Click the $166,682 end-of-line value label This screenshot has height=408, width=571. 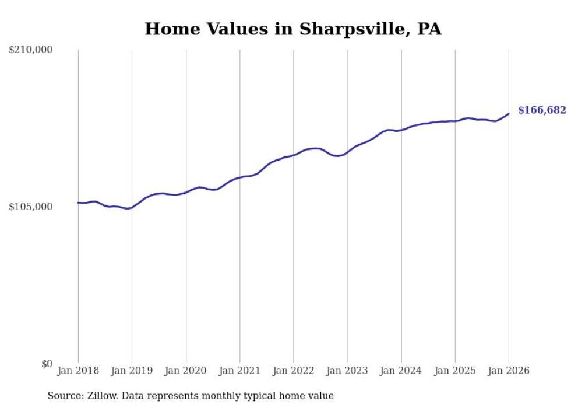pyautogui.click(x=541, y=110)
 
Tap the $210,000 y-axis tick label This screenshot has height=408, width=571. pyautogui.click(x=31, y=50)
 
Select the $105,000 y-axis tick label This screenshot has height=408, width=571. pyautogui.click(x=31, y=207)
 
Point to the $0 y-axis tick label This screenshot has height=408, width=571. pyautogui.click(x=47, y=364)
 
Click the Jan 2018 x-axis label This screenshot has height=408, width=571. pyautogui.click(x=78, y=371)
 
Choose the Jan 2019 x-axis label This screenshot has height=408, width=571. pyautogui.click(x=132, y=371)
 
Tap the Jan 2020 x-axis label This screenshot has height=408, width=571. pyautogui.click(x=186, y=371)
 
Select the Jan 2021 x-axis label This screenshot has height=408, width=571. pyautogui.click(x=239, y=371)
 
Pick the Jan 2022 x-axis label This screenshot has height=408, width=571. pyautogui.click(x=294, y=371)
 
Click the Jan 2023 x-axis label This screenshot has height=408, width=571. pyautogui.click(x=347, y=371)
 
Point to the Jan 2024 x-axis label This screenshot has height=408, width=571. pyautogui.click(x=401, y=371)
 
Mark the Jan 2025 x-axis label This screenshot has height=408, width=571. pyautogui.click(x=455, y=371)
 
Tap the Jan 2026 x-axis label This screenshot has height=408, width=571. pyautogui.click(x=509, y=371)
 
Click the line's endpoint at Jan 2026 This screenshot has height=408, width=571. pyautogui.click(x=509, y=113)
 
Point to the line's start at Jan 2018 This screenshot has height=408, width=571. pyautogui.click(x=78, y=203)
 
